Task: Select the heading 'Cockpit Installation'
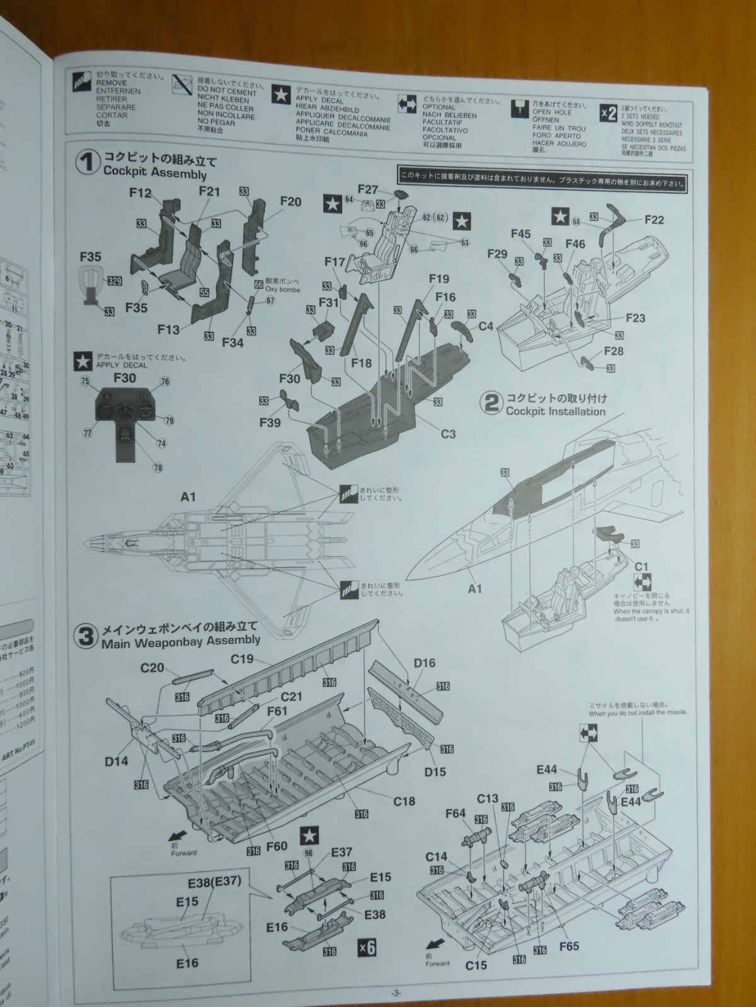(x=555, y=411)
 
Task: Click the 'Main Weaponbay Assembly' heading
(x=180, y=640)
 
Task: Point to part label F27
(x=367, y=189)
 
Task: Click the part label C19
(x=242, y=660)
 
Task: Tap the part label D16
(x=425, y=663)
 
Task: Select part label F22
(x=655, y=220)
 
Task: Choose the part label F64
(x=455, y=813)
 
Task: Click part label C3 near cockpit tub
(x=448, y=434)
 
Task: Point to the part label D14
(x=116, y=761)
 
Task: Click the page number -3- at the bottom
(x=395, y=993)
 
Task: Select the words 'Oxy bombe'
(x=283, y=290)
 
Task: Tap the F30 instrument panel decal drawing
(x=125, y=419)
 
